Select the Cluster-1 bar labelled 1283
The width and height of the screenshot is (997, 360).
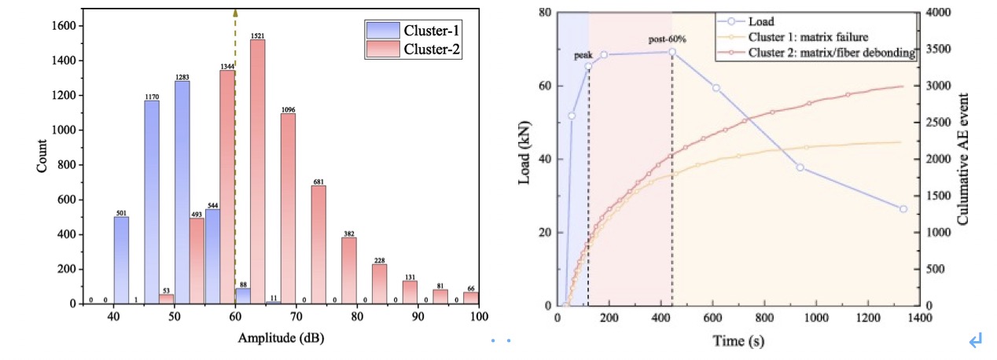[x=182, y=193]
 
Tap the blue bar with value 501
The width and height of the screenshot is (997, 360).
[x=121, y=260]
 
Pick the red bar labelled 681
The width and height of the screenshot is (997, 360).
[x=318, y=244]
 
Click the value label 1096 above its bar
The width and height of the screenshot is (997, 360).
[x=288, y=109]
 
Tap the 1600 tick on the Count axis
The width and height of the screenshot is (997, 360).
[x=65, y=26]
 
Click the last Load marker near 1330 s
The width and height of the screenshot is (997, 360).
[x=903, y=209]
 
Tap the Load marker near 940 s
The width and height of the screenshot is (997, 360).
[x=800, y=167]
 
